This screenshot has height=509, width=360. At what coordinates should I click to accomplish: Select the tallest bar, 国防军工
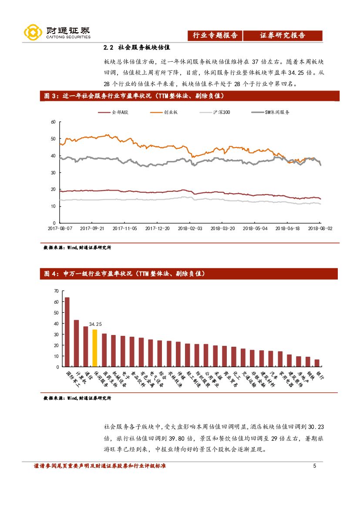pos(67,332)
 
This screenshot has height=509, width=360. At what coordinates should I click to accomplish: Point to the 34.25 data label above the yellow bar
pos(95,325)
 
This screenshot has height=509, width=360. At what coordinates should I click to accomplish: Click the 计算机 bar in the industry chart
pos(76,343)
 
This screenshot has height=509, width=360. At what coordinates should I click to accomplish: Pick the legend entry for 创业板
pos(163,112)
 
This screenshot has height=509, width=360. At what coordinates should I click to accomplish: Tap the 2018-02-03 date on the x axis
pos(190,228)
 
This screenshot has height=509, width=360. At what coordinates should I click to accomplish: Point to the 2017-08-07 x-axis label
pos(60,228)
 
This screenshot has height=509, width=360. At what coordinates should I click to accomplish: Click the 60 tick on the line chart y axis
pos(53,122)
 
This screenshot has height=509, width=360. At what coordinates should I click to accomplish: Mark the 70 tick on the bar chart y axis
pos(56,291)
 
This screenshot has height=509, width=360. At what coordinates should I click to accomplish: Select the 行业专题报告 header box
pos(215,36)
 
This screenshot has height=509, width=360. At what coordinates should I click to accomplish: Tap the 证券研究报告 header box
pos(283,36)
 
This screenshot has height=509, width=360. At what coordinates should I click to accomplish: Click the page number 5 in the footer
pos(315,466)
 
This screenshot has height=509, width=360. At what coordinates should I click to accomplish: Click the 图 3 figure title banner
pos(188,96)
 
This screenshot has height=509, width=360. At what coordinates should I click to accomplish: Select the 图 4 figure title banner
pos(188,274)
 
